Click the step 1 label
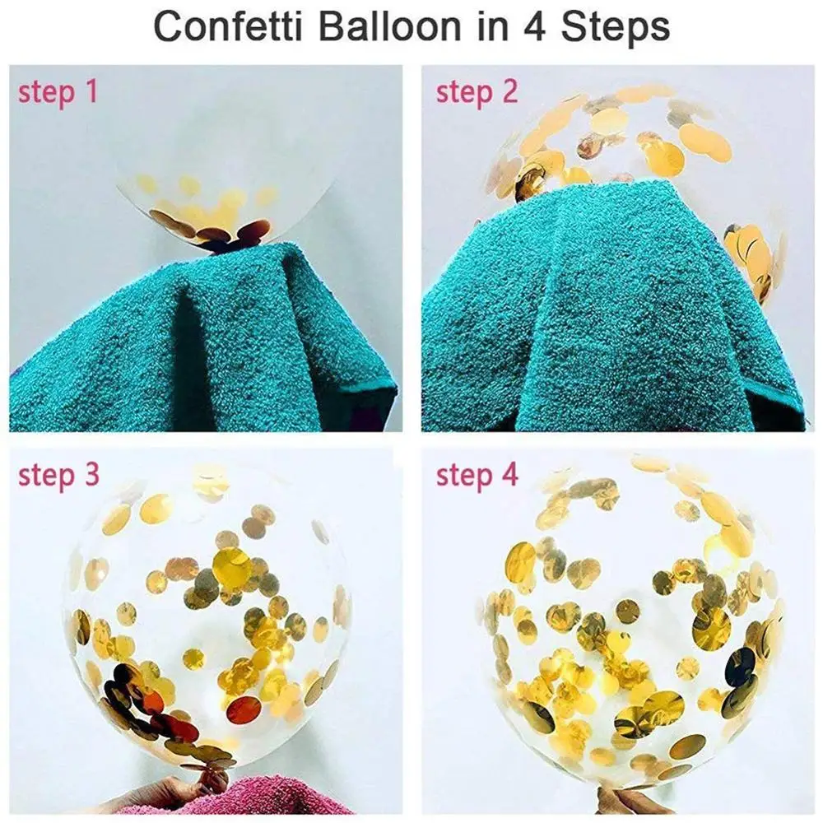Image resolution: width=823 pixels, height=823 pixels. pos(58,91)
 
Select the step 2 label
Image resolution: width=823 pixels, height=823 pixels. pos(477,91)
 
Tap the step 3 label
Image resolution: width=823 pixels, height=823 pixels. pos(58,475)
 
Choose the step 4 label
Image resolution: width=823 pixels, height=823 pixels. pos(477,475)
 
